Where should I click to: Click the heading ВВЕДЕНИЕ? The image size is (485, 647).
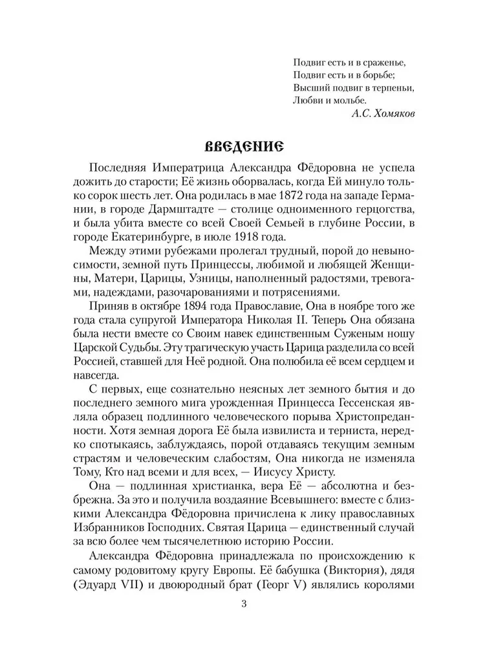[x=242, y=145]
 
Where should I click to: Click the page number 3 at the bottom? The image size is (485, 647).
[x=242, y=604]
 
